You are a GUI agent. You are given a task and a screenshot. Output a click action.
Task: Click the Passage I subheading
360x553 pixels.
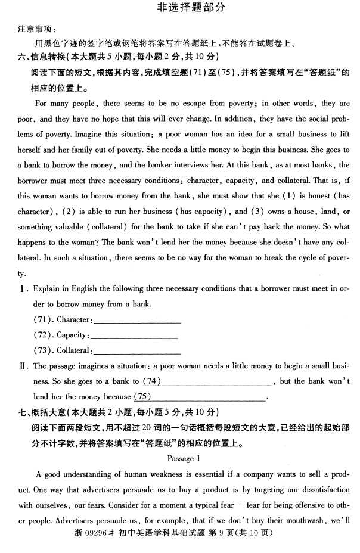[181, 458]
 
